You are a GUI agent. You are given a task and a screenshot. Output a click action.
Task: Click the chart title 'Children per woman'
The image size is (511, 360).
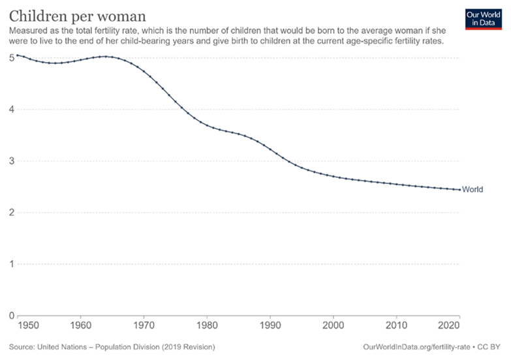pos(77,14)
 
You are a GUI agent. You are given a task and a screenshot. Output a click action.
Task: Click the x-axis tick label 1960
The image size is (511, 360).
pos(80,325)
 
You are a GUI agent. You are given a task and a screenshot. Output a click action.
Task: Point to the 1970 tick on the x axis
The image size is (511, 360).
pos(144,325)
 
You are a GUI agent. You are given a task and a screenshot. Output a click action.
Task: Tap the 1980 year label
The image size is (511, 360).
pos(207,325)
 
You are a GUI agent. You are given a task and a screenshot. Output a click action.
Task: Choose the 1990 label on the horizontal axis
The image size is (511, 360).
pos(270,325)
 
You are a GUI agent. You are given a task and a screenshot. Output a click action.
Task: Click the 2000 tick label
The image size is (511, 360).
pos(333,325)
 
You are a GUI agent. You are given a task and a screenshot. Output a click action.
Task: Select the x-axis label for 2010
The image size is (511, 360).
pos(396,325)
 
